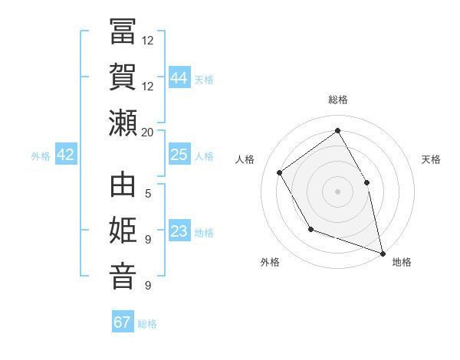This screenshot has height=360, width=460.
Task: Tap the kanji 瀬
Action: [123, 123]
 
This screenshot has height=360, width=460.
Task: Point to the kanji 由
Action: [123, 187]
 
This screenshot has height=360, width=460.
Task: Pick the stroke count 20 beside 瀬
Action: [148, 132]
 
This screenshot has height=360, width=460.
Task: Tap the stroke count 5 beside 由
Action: [148, 194]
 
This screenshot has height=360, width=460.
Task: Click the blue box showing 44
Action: [179, 77]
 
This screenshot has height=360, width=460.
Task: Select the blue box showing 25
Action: [179, 155]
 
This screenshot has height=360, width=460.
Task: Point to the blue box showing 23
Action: [179, 231]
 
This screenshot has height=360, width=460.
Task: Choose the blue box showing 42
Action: [66, 155]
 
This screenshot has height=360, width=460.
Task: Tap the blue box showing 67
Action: [123, 322]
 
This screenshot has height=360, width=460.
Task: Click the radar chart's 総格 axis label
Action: [338, 100]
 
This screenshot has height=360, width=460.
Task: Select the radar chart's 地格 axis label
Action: [402, 262]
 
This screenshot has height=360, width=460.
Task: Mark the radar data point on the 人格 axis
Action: [280, 172]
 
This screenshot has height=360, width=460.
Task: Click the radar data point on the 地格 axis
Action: [383, 252]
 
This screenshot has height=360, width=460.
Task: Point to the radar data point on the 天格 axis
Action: [366, 182]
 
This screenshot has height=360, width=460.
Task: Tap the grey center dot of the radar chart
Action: [337, 191]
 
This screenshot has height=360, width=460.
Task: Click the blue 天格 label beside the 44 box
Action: [203, 79]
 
